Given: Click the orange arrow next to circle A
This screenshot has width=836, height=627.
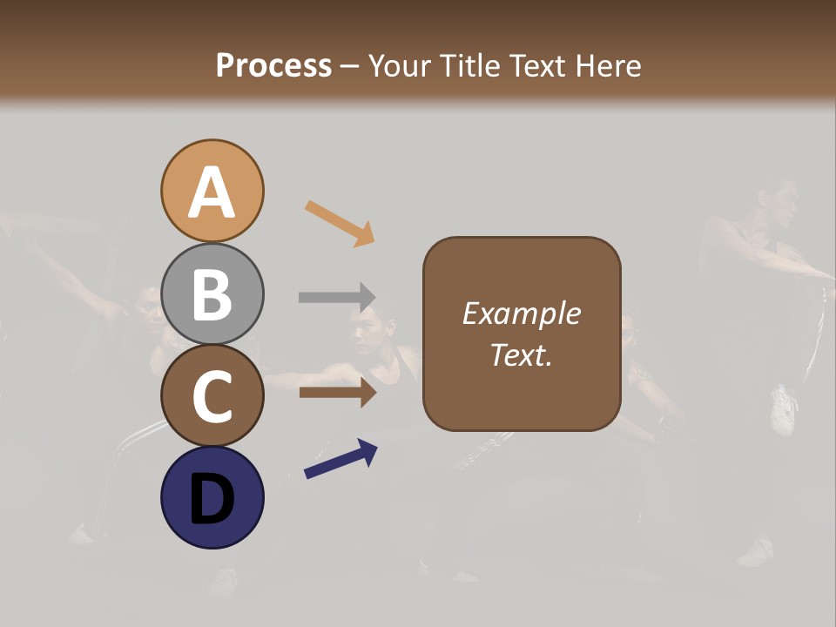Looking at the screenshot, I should [340, 222].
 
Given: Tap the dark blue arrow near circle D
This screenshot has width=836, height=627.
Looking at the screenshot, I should [340, 459].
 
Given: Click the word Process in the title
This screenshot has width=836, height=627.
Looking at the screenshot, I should [273, 65].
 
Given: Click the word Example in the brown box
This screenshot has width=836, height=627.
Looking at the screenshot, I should [521, 313].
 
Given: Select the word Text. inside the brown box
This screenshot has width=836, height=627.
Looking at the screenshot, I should [521, 354].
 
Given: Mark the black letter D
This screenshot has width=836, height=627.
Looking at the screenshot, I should [212, 498].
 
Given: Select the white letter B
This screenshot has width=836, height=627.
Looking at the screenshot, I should [212, 294].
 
